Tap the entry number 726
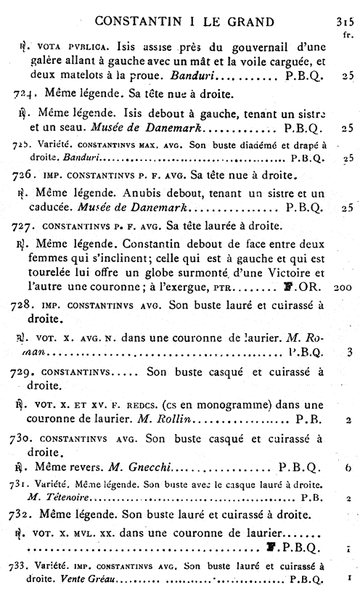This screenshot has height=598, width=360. [x=24, y=175]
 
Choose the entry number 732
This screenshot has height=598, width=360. [x=24, y=515]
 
